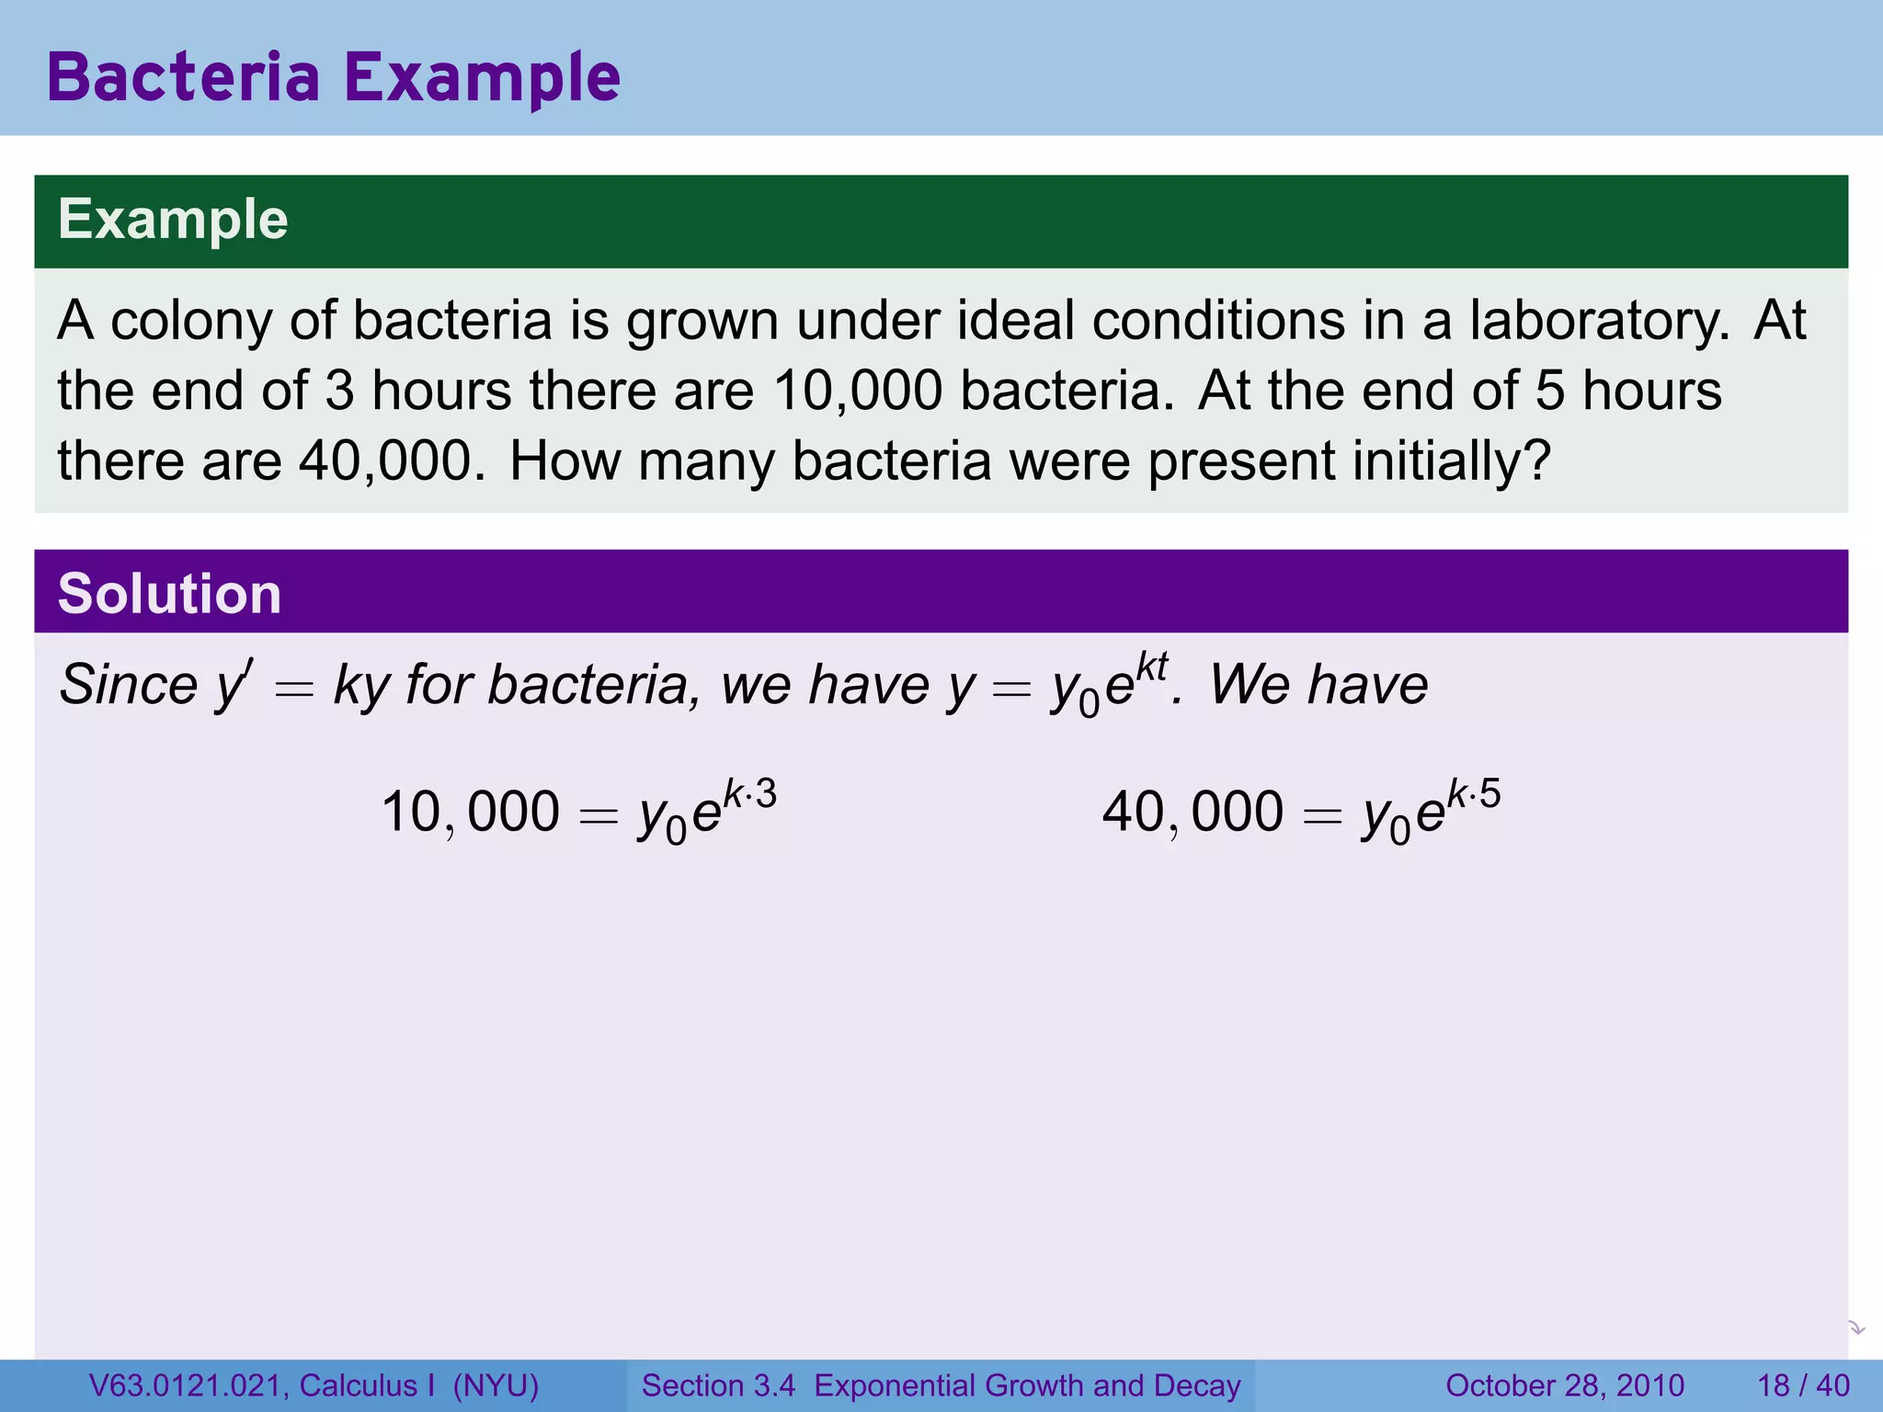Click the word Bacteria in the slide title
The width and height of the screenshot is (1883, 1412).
click(x=183, y=77)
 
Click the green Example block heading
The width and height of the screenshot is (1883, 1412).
click(x=173, y=220)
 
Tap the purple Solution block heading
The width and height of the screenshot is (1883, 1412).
click(x=169, y=593)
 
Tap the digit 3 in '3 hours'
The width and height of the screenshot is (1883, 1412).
click(x=339, y=391)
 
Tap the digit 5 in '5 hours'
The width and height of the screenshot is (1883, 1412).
click(x=1549, y=391)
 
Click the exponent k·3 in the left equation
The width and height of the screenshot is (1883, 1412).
click(x=749, y=794)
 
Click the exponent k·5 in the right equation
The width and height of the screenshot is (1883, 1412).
click(x=1474, y=794)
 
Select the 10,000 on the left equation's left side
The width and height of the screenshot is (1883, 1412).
click(x=470, y=813)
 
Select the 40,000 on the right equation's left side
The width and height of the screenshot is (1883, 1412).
click(x=1193, y=813)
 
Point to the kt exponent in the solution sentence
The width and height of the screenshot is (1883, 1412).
click(x=1151, y=667)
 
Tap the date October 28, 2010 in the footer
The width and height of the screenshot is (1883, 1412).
click(x=1564, y=1385)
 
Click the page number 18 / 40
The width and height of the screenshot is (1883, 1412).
click(x=1803, y=1385)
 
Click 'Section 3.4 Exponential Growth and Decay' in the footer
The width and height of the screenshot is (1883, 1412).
click(x=941, y=1385)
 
